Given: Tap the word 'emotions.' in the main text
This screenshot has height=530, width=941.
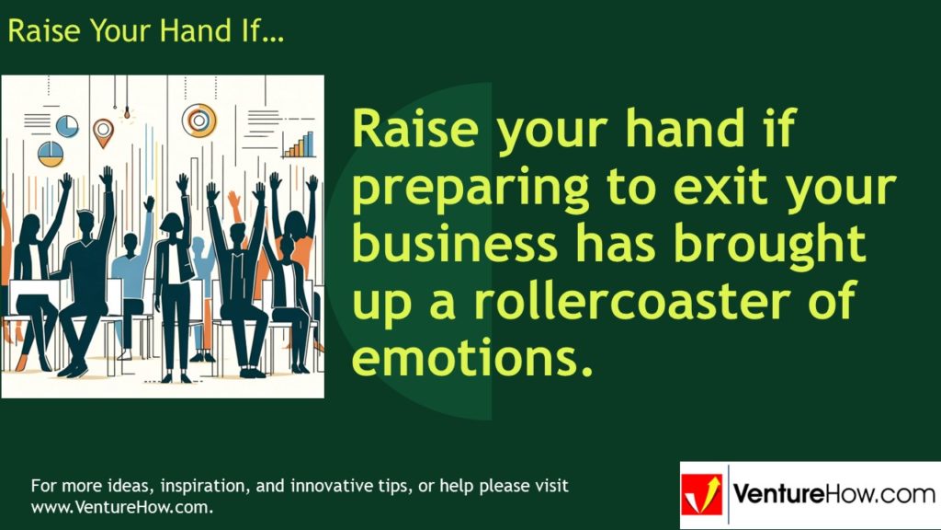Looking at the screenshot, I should [x=469, y=357].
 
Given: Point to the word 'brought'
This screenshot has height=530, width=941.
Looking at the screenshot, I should [x=770, y=245].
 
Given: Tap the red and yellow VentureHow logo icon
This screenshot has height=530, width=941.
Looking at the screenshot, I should [x=702, y=495].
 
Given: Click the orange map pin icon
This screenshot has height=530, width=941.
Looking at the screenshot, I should [x=103, y=130].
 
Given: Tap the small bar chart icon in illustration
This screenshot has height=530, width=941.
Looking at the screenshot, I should [x=298, y=144].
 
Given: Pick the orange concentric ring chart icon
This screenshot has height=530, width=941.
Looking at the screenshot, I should [x=198, y=119].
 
